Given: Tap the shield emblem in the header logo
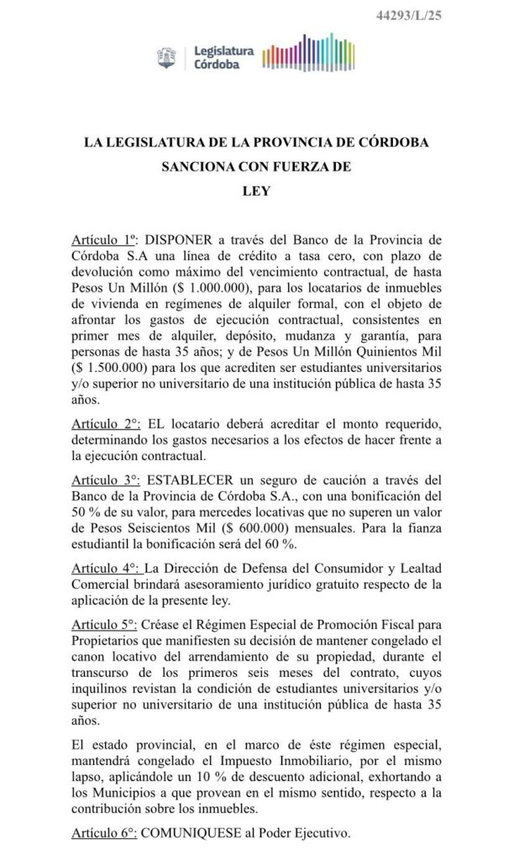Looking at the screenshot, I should coord(166,58).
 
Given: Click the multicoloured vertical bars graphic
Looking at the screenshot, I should coord(309,58).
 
